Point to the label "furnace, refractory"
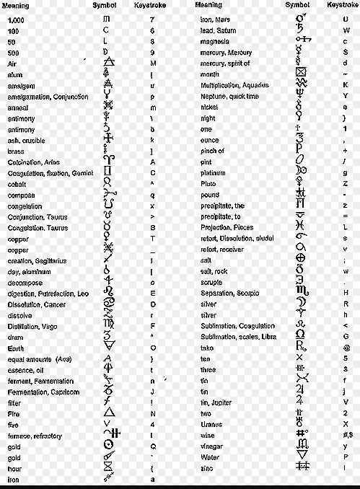(34, 436)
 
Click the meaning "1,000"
(14, 19)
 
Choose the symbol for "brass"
(108, 151)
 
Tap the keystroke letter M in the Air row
(152, 63)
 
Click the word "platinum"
(214, 172)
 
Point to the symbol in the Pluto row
(301, 184)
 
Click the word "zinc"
(206, 469)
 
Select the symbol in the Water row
(302, 457)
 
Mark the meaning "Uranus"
(211, 424)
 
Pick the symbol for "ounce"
(301, 140)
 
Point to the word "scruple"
(212, 282)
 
